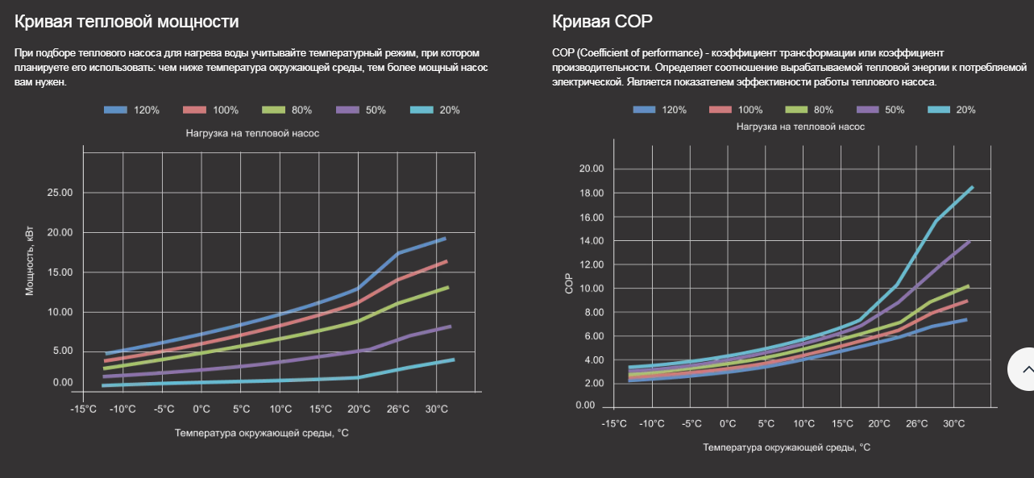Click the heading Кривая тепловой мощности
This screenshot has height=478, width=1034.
pos(127,22)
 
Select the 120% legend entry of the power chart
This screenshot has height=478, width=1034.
pos(133,110)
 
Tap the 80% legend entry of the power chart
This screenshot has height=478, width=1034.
pos(285,110)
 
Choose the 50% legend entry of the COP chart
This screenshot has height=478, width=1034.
pos(880,110)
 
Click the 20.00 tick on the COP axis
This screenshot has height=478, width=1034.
pos(592,168)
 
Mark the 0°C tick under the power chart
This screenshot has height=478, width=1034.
pos(201,409)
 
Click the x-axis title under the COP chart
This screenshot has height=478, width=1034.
pos(787,447)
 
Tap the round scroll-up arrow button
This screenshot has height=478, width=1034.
pos(1025,369)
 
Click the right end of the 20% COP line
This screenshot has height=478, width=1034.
pos(973,187)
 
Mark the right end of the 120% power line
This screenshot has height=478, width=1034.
pos(445,239)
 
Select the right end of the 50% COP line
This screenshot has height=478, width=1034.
pos(969,241)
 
